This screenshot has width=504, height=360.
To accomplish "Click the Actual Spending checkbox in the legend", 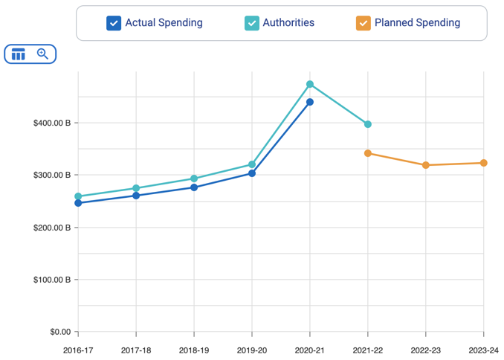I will (114, 23).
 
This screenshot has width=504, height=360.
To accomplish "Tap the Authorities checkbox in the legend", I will (252, 23).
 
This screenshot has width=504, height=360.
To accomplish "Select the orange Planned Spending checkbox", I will (364, 23).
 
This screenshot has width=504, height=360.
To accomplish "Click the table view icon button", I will (19, 54).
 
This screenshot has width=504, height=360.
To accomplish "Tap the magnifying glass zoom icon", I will (42, 54).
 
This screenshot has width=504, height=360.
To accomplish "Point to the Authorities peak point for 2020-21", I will (310, 84).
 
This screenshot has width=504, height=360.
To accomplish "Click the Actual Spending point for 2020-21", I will (310, 102).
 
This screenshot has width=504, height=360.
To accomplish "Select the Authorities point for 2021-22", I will (368, 124).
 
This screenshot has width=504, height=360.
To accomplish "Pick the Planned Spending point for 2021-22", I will (368, 153).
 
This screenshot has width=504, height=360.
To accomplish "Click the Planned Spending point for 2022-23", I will (426, 165).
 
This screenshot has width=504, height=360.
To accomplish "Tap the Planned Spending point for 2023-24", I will (484, 163).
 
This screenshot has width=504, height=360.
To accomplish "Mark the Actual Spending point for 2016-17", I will (78, 203).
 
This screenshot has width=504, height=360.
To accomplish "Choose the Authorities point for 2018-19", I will (194, 179).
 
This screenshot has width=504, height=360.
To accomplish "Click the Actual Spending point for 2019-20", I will (252, 173).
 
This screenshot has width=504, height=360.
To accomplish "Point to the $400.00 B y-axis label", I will (51, 123).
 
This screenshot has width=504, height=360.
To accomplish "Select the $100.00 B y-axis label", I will (51, 280).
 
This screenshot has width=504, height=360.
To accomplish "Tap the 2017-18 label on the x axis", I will (136, 349).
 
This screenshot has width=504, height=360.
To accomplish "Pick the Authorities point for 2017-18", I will (136, 188).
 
